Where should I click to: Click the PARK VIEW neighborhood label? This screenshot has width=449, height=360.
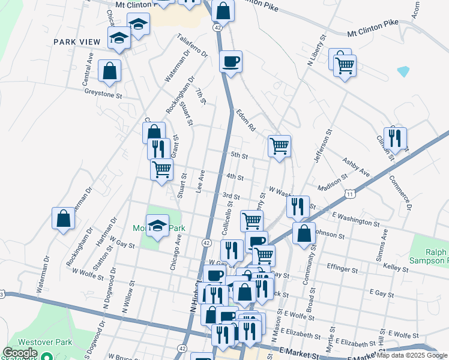coord(76,41)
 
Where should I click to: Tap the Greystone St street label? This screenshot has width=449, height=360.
coord(103,94)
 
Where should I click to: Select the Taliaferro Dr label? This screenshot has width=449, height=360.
coord(191,45)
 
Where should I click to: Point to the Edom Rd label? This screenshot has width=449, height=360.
coord(246,120)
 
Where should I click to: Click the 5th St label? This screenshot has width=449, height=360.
coord(240,155)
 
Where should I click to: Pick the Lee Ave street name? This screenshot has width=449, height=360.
coord(201,180)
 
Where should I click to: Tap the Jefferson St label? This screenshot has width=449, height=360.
coord(322,146)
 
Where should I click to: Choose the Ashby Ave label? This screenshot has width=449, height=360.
coord(357,166)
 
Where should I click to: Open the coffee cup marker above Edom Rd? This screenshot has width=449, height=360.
coord(231,61)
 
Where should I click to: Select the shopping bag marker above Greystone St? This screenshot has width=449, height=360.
coord(110,71)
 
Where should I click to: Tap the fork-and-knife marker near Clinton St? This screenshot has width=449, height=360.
coord(395,138)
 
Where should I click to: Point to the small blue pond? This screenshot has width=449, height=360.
coord(403,71)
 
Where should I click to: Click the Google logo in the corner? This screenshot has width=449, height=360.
coord(20,352)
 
